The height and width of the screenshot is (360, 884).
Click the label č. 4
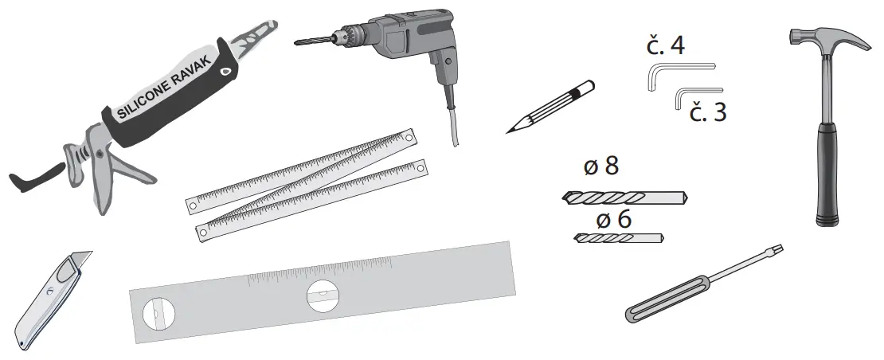tap(665, 45)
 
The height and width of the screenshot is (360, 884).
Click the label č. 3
tap(708, 112)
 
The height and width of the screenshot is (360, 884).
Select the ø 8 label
tap(600, 167)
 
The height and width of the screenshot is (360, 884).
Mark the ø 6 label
tap(613, 218)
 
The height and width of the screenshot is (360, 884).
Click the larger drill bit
tap(625, 196)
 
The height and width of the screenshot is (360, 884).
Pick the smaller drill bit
tap(617, 237)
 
